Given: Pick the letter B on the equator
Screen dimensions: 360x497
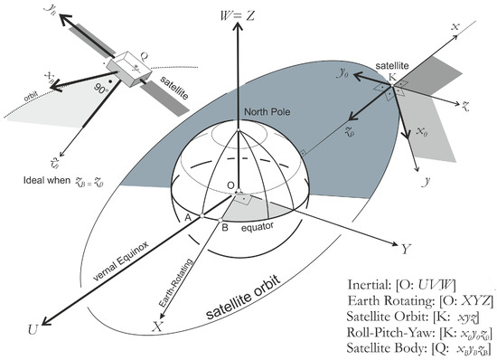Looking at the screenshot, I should click(x=225, y=228).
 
